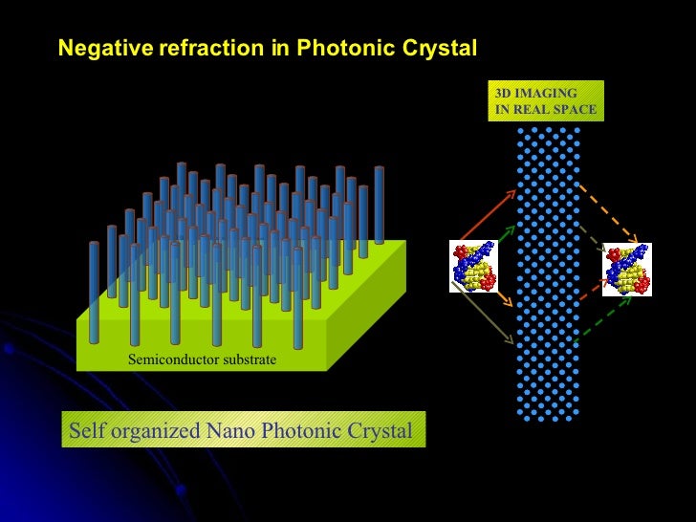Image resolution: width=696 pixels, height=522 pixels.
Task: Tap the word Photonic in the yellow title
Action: click(340, 49)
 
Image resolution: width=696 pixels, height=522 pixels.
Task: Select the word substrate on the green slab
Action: click(244, 360)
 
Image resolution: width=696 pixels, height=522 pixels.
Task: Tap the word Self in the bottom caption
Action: click(84, 430)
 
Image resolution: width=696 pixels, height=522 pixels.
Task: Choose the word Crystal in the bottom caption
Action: click(377, 430)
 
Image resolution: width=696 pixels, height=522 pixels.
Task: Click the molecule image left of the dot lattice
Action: click(474, 267)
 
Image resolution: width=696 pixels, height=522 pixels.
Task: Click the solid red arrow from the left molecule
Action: click(490, 218)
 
